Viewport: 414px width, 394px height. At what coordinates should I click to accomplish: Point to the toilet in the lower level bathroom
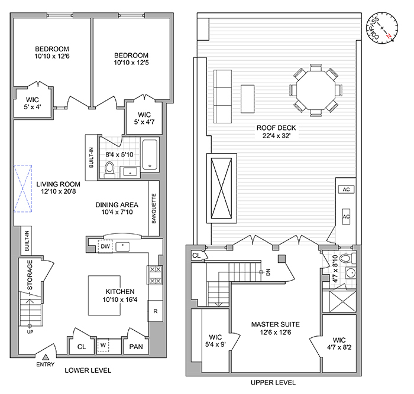108,169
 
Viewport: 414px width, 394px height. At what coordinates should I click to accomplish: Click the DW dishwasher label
105,246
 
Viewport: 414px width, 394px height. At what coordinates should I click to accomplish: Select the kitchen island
108,295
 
